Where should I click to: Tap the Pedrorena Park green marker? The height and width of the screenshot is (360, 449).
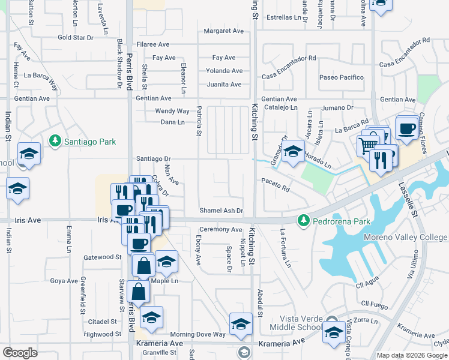(304, 221)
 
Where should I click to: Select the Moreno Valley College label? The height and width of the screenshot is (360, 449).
(405, 237)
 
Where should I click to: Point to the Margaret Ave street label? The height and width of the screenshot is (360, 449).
(224, 31)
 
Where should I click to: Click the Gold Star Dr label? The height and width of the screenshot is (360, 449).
(76, 37)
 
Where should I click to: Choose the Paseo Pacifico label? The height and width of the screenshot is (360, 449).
(342, 77)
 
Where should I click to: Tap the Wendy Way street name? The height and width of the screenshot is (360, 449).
(172, 111)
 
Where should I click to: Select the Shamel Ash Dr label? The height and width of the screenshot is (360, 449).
(221, 211)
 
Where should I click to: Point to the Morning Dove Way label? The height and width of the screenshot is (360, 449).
(197, 334)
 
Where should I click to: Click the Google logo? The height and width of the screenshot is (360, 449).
(20, 353)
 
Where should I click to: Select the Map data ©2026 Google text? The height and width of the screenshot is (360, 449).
(412, 355)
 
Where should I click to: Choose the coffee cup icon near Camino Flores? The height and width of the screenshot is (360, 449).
(406, 128)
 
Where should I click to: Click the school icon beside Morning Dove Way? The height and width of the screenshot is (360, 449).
(241, 324)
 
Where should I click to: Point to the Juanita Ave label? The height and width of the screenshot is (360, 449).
(224, 85)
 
